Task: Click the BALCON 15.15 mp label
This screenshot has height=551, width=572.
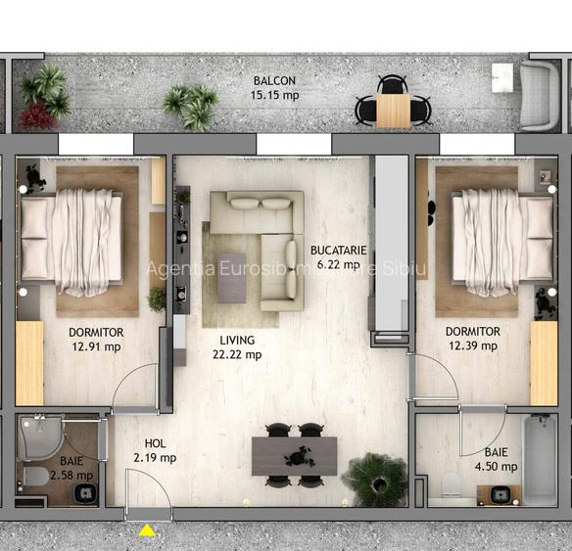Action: tap(275, 88)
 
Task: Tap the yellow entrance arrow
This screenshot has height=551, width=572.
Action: tap(147, 531)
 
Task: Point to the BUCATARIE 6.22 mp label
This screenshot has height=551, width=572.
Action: tap(335, 257)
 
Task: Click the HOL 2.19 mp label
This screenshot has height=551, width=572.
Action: tap(155, 450)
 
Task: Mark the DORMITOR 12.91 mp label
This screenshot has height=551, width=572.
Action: tap(95, 339)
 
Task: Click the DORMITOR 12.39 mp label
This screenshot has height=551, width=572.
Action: tap(472, 339)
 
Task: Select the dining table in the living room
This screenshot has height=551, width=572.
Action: tap(294, 456)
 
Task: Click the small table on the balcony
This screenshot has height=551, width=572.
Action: tap(393, 110)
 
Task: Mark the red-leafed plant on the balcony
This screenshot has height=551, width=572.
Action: tap(37, 115)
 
